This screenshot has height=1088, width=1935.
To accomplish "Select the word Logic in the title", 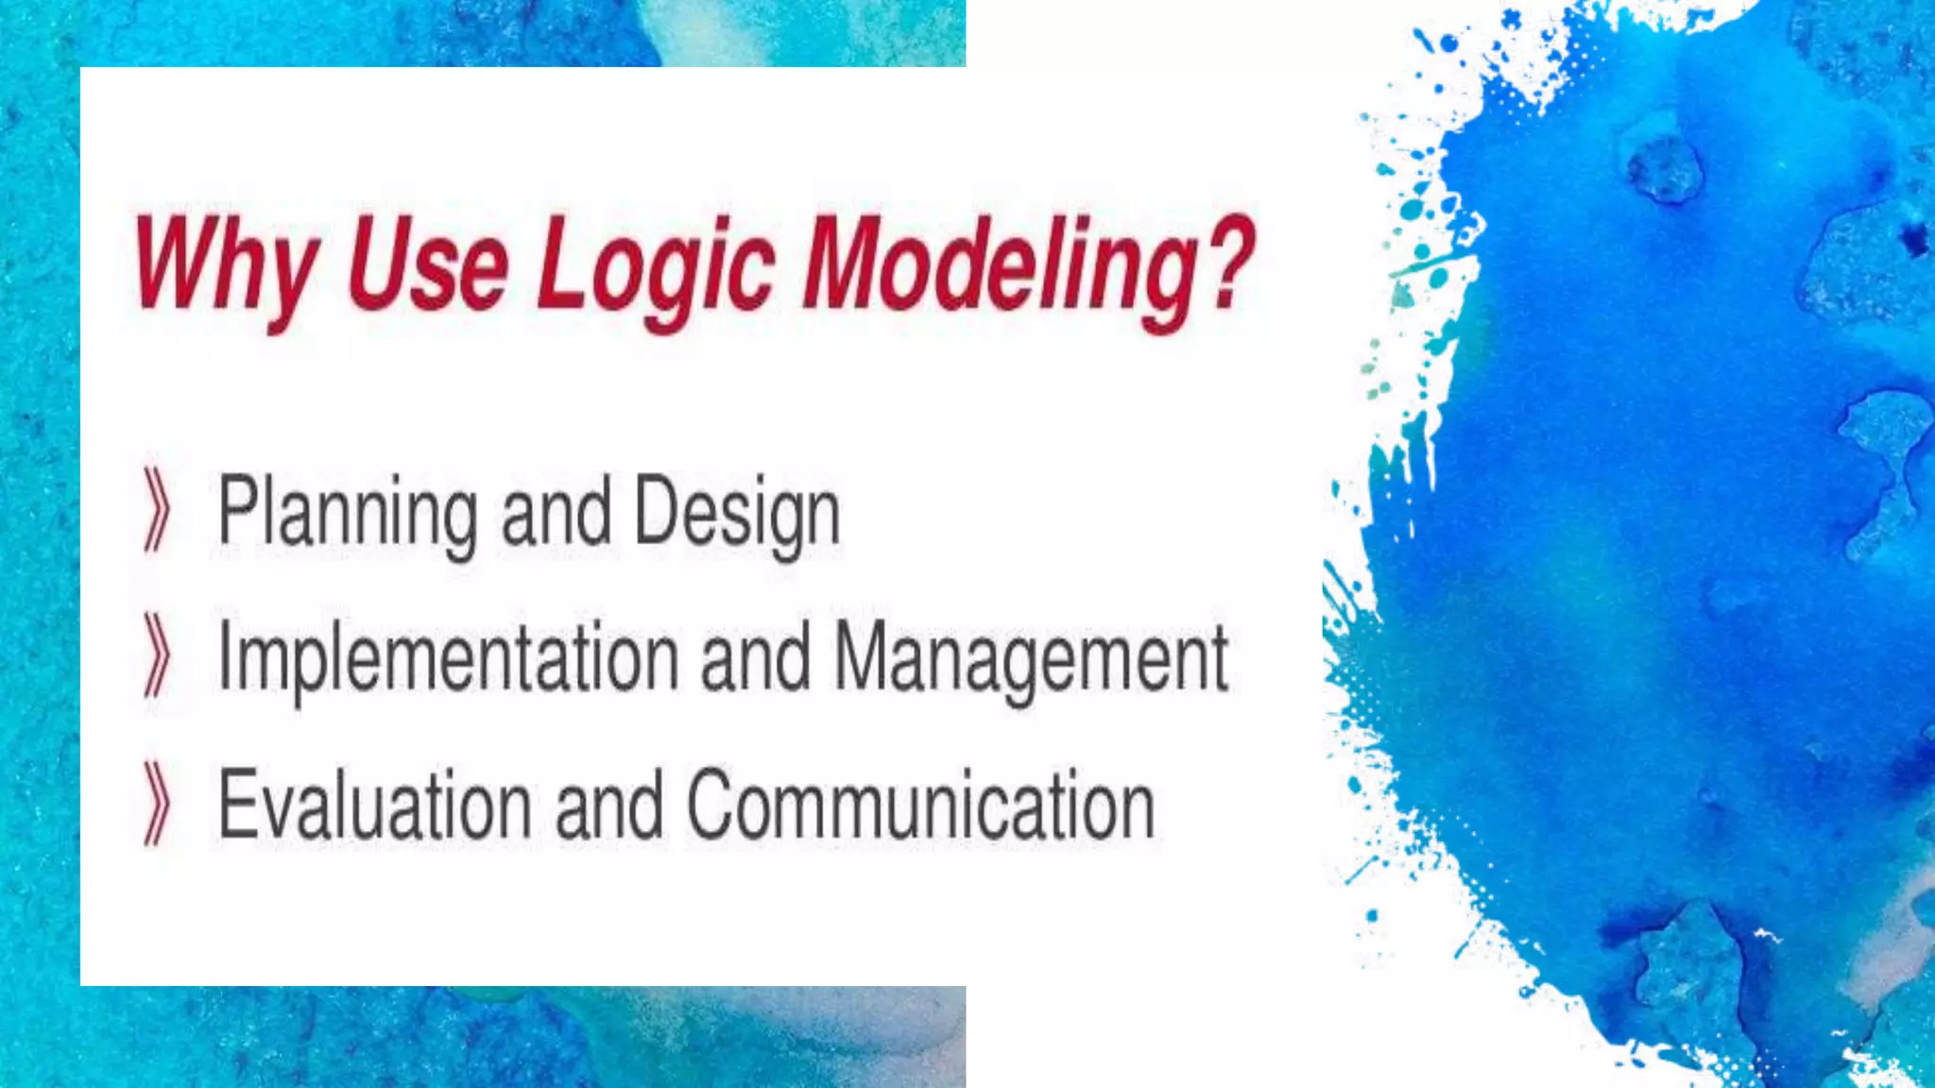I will (656, 266).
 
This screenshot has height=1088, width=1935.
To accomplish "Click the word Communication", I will (920, 805).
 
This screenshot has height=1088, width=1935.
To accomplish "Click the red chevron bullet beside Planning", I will (157, 510).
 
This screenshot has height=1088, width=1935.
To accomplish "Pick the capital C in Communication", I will (711, 805).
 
